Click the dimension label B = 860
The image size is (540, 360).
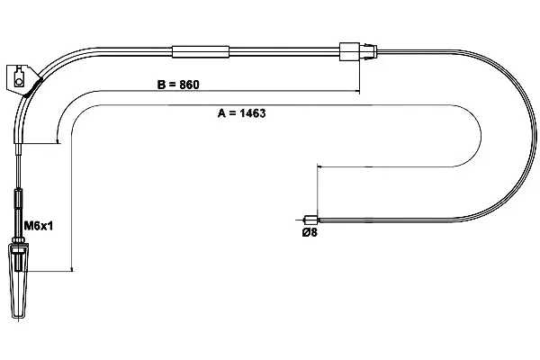click(178, 85)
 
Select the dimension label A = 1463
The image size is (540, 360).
click(242, 113)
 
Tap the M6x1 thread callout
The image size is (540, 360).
click(38, 226)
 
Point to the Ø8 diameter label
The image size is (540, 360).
click(310, 232)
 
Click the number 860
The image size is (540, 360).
click(189, 85)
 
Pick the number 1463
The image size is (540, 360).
click(252, 113)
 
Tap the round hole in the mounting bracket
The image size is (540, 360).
click(18, 82)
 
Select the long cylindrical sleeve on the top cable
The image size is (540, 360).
click(201, 51)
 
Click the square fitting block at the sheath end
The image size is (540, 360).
click(349, 51)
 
